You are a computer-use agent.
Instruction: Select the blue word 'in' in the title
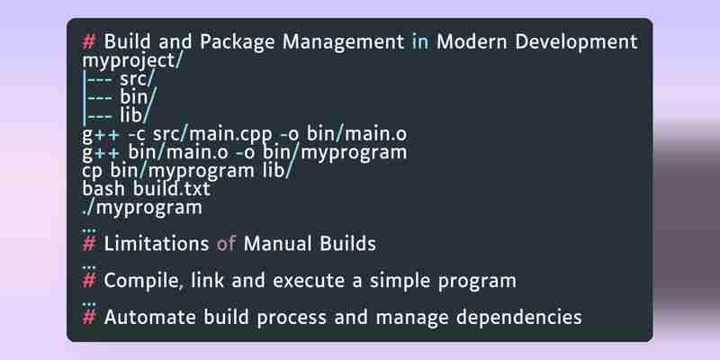[420, 41]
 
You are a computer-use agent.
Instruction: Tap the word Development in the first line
[536, 42]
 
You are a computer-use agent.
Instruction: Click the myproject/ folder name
[132, 61]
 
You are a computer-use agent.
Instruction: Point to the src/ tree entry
[138, 79]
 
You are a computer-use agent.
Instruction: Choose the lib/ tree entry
[134, 115]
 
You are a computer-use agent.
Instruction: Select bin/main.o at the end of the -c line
[356, 134]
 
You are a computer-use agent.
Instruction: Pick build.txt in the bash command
[171, 189]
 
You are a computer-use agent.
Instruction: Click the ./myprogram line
[142, 208]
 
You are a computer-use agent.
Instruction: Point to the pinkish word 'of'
[226, 243]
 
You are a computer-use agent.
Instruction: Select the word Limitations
[156, 243]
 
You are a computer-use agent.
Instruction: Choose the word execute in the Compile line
[308, 281]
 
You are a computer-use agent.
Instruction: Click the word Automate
[149, 317]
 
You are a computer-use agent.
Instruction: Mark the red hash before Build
[88, 42]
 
